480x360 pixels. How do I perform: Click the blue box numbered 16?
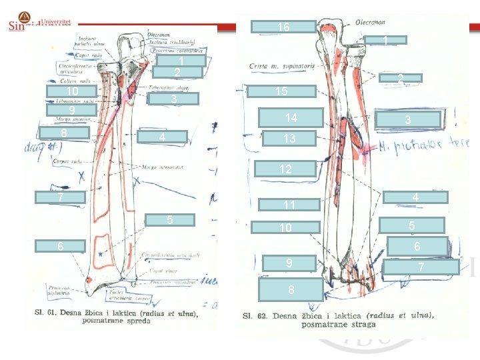(283, 27)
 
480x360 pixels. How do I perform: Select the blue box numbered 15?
(282, 91)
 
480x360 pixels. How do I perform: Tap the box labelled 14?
(291, 118)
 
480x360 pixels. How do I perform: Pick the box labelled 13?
(289, 139)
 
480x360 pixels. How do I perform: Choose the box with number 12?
(285, 169)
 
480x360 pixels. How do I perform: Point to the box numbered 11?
(289, 205)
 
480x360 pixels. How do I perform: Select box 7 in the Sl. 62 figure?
(421, 267)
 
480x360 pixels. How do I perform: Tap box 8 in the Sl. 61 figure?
(64, 133)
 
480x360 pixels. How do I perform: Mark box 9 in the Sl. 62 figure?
(289, 263)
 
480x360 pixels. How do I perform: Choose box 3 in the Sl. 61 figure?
(173, 99)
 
